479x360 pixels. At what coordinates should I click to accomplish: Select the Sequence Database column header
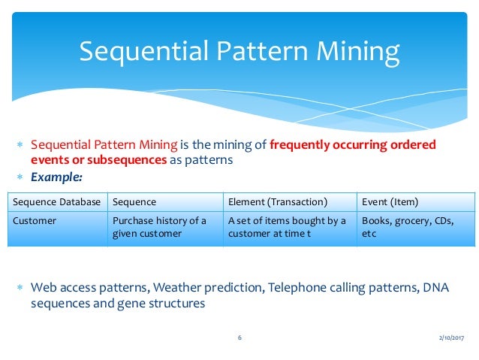coord(57,201)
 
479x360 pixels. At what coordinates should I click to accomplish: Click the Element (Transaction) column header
coord(277,201)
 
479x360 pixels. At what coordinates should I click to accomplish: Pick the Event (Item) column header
coord(390,201)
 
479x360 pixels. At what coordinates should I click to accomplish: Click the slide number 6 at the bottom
coord(239,338)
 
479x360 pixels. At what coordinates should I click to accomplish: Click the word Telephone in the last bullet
coord(294,289)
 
